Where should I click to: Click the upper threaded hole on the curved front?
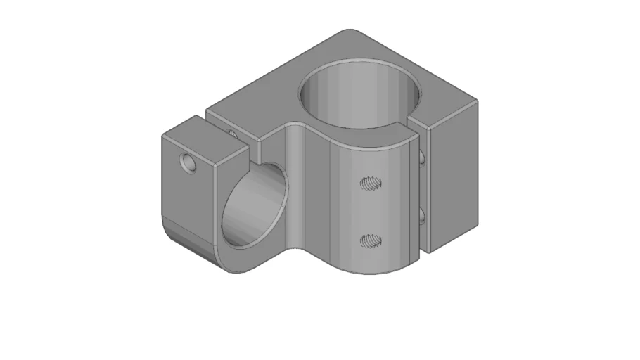pos(371,184)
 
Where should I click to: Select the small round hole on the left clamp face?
pos(187,163)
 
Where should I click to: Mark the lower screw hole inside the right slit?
pos(422,214)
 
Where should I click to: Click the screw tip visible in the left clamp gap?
pos(231,131)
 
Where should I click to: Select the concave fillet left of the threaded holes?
pos(295,190)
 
